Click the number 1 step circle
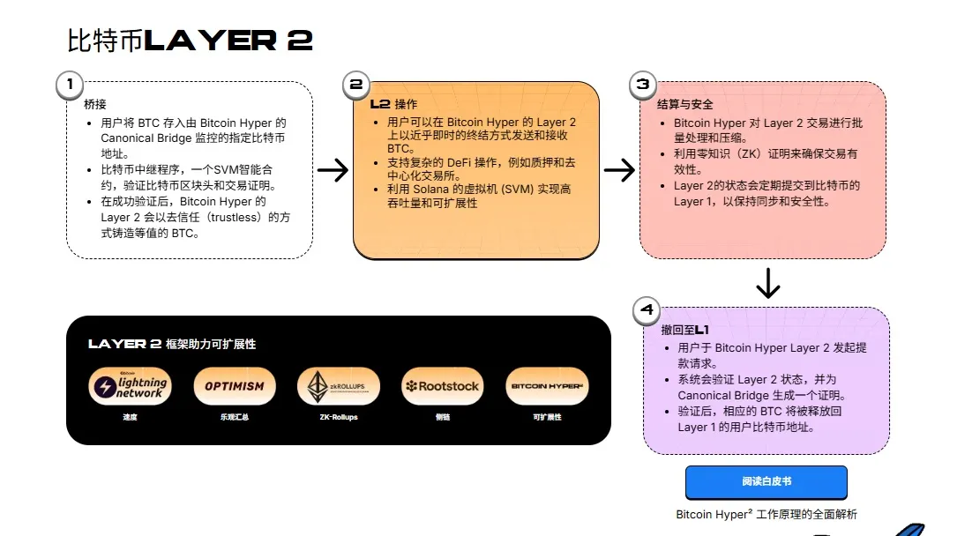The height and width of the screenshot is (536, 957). [69, 85]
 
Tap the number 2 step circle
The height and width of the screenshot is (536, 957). [355, 85]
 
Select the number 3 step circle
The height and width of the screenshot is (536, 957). [643, 85]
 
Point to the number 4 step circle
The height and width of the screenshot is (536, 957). [647, 310]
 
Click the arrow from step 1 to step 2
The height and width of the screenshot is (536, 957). [333, 170]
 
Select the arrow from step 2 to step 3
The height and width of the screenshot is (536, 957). [620, 170]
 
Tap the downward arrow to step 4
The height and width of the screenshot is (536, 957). [768, 283]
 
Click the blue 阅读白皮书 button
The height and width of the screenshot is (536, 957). [766, 482]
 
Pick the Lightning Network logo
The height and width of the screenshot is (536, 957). [130, 386]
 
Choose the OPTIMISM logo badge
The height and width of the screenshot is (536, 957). [235, 386]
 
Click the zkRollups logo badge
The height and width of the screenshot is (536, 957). [339, 386]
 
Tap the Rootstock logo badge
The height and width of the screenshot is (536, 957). [443, 386]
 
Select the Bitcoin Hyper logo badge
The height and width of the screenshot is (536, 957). [547, 386]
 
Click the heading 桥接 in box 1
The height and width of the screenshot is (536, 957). [95, 104]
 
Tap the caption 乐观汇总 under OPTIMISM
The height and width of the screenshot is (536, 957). [235, 417]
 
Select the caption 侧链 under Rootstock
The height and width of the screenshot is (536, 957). [443, 417]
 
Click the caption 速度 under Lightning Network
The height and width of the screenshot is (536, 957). [130, 417]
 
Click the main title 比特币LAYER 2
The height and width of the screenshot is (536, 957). [190, 41]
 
